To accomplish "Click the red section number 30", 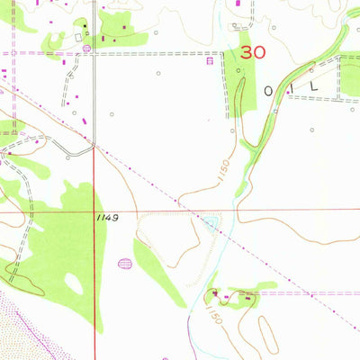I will pos(253,53).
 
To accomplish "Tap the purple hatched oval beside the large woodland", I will pos(124,264).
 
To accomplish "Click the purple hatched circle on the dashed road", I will pos(86,48).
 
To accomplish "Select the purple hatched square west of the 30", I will pos(209,62).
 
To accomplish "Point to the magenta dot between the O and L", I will pos(289,92).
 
